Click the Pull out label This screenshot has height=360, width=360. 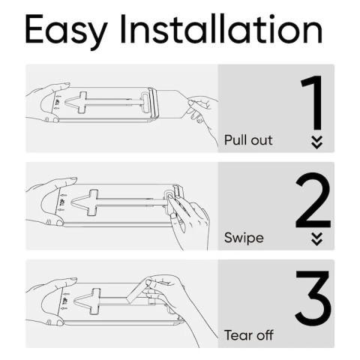(248, 140)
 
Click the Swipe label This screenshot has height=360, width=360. (244, 238)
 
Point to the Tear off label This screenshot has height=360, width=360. (249, 335)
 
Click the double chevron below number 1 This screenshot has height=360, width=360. (316, 142)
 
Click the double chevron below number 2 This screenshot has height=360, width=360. (316, 239)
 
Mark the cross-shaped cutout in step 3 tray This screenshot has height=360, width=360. (94, 298)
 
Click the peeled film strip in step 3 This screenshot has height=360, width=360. (135, 292)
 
